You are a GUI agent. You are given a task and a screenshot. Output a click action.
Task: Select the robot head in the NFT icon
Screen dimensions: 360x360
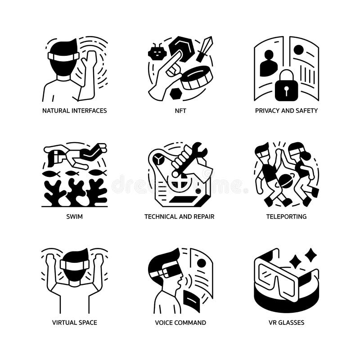point(157,53)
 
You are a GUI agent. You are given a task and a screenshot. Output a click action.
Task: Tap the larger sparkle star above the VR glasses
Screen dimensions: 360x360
point(310,255)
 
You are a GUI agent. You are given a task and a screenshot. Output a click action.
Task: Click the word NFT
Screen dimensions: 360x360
point(180,110)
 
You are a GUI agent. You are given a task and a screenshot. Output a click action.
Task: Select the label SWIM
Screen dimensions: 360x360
point(74,216)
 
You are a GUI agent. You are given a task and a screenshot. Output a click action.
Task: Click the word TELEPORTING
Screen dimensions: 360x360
point(286,216)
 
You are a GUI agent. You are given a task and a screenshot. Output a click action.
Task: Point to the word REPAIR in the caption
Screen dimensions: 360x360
point(203,216)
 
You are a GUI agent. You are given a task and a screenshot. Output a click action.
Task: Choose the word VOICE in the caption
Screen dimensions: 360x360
point(164,323)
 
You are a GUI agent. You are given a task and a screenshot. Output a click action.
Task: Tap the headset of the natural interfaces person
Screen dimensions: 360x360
point(63,56)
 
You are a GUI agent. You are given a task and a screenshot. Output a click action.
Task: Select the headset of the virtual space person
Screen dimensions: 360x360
point(74,265)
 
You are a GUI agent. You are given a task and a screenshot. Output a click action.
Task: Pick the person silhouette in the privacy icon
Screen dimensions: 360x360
point(269,64)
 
